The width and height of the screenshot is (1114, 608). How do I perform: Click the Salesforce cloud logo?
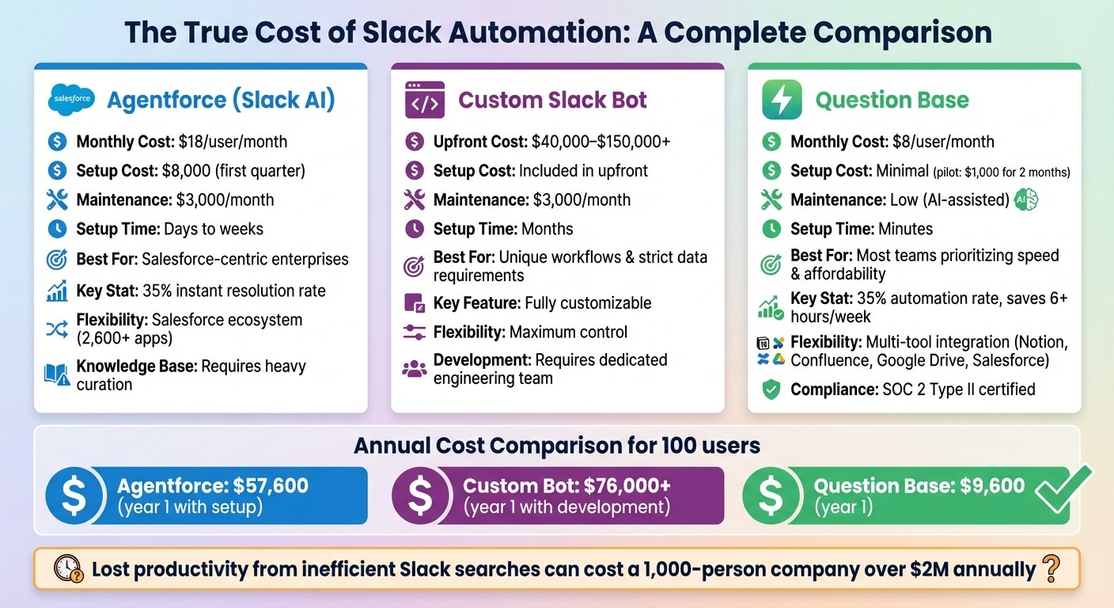71,100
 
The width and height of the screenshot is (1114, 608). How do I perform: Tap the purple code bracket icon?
424,100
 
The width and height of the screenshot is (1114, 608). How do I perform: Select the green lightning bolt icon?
781,100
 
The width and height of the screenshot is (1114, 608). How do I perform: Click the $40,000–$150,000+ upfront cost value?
601,142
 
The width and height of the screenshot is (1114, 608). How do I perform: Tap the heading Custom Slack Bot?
552,100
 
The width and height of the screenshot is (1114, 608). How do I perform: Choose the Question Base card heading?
892,101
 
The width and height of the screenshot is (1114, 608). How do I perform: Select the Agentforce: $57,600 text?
212,486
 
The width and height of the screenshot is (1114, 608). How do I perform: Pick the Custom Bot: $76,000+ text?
566,486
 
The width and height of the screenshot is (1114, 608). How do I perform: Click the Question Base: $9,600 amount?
919,486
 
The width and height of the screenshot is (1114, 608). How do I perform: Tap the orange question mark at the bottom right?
1051,568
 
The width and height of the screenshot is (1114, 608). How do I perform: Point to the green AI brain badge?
1025,199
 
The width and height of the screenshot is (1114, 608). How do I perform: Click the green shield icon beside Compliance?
771,389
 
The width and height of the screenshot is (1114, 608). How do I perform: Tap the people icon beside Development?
414,369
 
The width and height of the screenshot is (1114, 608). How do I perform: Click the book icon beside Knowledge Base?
57,374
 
